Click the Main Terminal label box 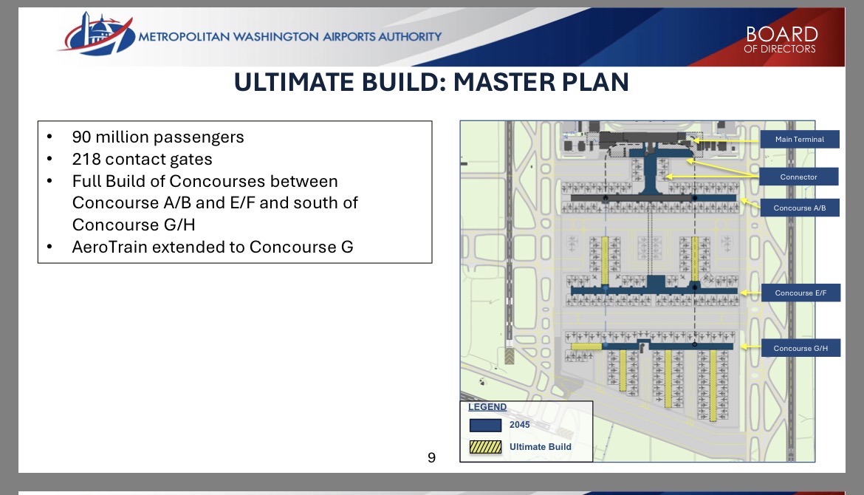[800, 139]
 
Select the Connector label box [798, 177]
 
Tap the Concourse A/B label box [800, 208]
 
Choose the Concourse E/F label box [800, 293]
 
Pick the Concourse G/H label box [800, 348]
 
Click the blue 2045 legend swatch [485, 425]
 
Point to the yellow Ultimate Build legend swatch [485, 447]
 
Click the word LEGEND [487, 407]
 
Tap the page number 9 [431, 457]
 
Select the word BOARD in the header [782, 34]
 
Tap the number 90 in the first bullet [81, 137]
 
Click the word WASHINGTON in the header [275, 37]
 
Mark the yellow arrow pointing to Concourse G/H [750, 346]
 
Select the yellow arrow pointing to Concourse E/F [750, 293]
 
